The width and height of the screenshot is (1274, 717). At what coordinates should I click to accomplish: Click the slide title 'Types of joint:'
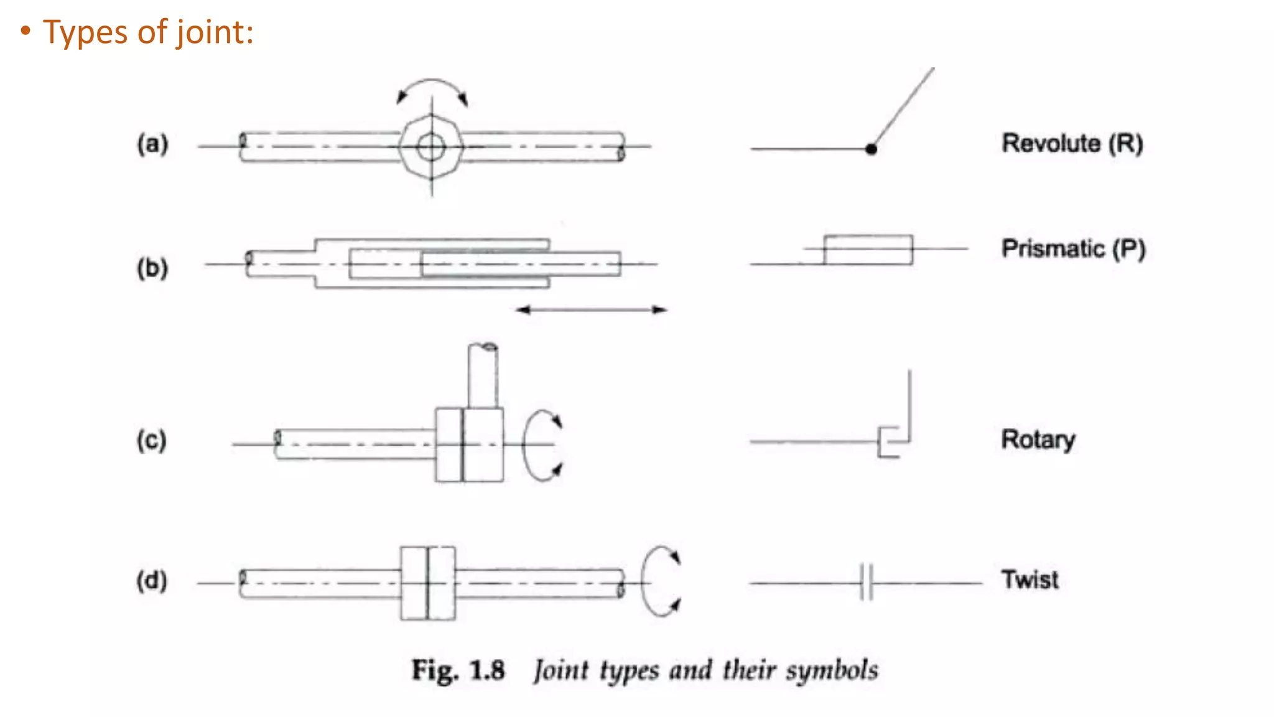click(x=148, y=32)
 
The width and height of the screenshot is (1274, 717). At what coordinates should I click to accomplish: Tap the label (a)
click(x=152, y=144)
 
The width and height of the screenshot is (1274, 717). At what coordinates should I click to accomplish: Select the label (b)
click(x=152, y=268)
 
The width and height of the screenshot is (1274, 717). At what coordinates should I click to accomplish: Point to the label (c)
click(x=152, y=440)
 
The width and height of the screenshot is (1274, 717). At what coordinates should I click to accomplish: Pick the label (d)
click(x=152, y=581)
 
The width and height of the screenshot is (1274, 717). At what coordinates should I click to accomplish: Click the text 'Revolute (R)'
click(x=1072, y=143)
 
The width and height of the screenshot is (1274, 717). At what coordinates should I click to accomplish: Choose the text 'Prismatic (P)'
click(x=1073, y=248)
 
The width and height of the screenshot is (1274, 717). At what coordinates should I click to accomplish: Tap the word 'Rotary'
click(x=1038, y=439)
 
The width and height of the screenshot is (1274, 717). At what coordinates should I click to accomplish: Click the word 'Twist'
click(x=1030, y=579)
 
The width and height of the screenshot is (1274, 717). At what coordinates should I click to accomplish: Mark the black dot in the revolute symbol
click(x=871, y=149)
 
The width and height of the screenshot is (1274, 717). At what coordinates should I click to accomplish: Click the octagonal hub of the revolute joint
click(x=431, y=147)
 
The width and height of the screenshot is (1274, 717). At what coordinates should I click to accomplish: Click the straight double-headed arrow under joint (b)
click(x=591, y=309)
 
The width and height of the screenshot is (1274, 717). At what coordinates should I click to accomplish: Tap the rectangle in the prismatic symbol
click(x=868, y=250)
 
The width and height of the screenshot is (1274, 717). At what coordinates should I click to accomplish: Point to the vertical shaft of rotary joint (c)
click(x=483, y=376)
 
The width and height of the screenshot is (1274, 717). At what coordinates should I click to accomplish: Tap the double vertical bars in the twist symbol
click(x=866, y=583)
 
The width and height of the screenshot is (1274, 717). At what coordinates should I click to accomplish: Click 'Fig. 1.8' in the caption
click(x=458, y=670)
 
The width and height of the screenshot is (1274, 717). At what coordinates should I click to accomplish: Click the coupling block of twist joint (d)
click(x=428, y=583)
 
